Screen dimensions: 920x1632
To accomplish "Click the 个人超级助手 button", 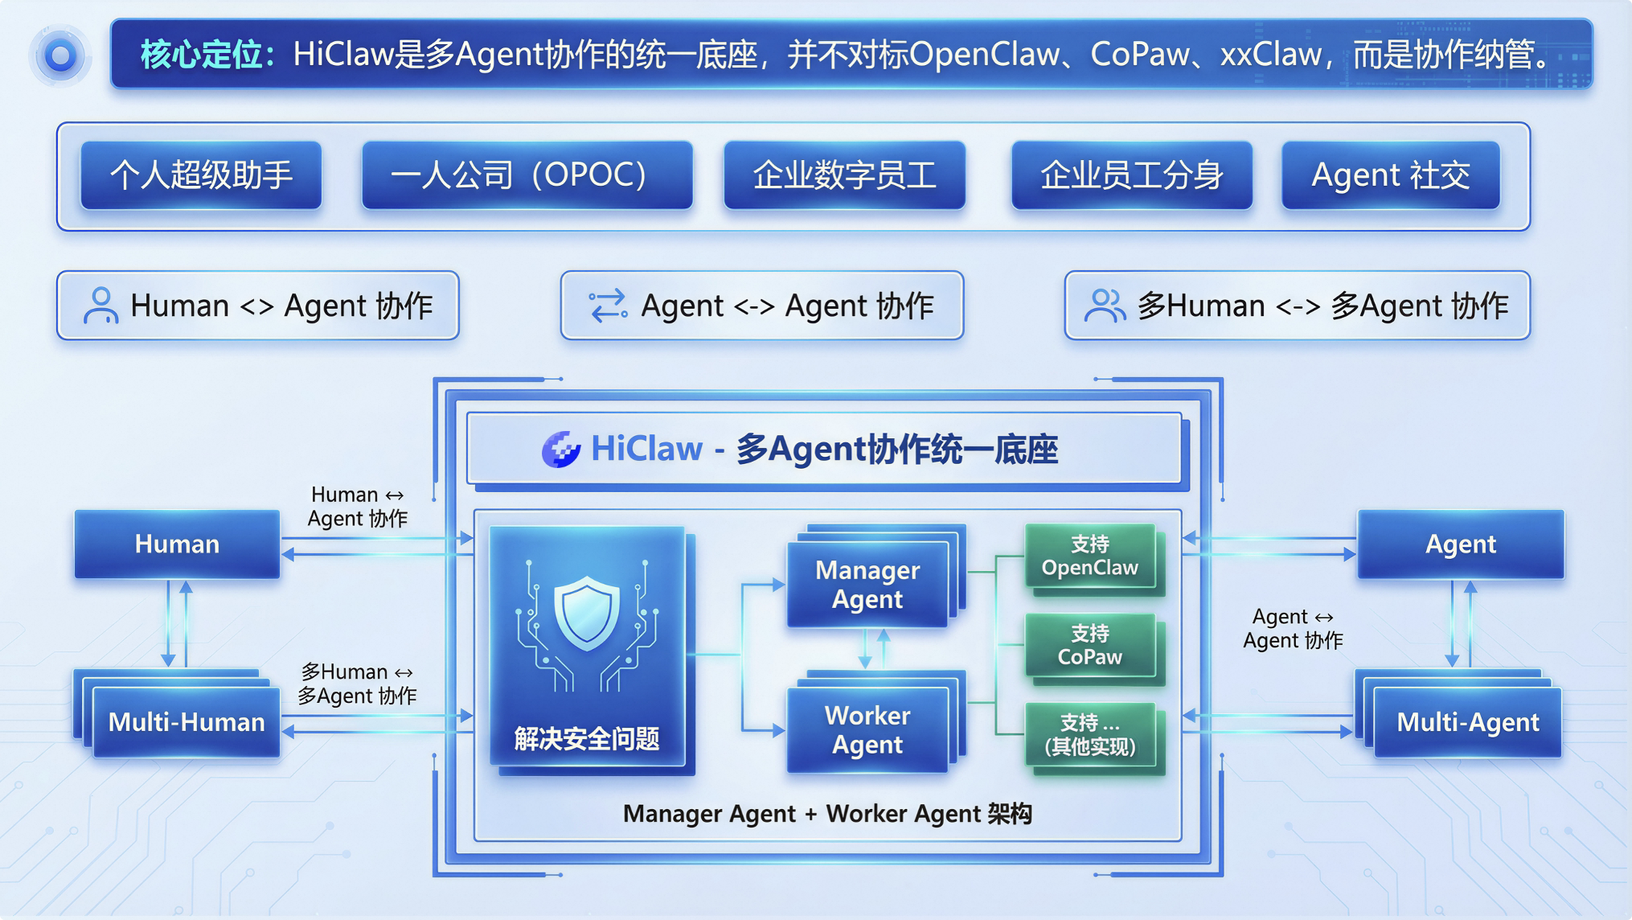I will pos(201,175).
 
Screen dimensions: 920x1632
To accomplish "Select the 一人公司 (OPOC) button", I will pos(527,175).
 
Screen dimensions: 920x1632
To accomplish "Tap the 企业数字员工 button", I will pos(844,175).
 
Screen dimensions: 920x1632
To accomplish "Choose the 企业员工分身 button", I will pos(1131,175).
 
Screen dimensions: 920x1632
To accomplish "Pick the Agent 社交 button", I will pos(1390,175).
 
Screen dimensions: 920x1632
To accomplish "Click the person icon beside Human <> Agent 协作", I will pos(100,306).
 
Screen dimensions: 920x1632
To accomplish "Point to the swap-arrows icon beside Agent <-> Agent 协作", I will pos(608,306).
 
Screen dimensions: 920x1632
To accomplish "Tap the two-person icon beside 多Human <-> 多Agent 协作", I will pos(1105,306).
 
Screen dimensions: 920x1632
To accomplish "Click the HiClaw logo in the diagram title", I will pos(561,449).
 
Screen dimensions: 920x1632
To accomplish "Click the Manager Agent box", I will pos(867,585).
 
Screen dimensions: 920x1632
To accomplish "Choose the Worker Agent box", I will pos(867,730).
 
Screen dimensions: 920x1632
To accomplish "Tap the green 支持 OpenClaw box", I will pos(1090,557).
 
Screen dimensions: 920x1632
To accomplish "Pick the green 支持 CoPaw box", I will pos(1090,646).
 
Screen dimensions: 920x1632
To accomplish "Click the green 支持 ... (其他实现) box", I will pos(1090,735).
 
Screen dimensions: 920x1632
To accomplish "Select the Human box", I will pos(177,544).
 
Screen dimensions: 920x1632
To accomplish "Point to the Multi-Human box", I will pos(187,722).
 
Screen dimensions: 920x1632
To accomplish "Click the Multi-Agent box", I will pos(1467,722).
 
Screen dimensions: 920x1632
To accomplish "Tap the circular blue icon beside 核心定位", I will pos(60,55).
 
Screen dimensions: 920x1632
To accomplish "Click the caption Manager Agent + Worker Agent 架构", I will pos(827,814).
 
